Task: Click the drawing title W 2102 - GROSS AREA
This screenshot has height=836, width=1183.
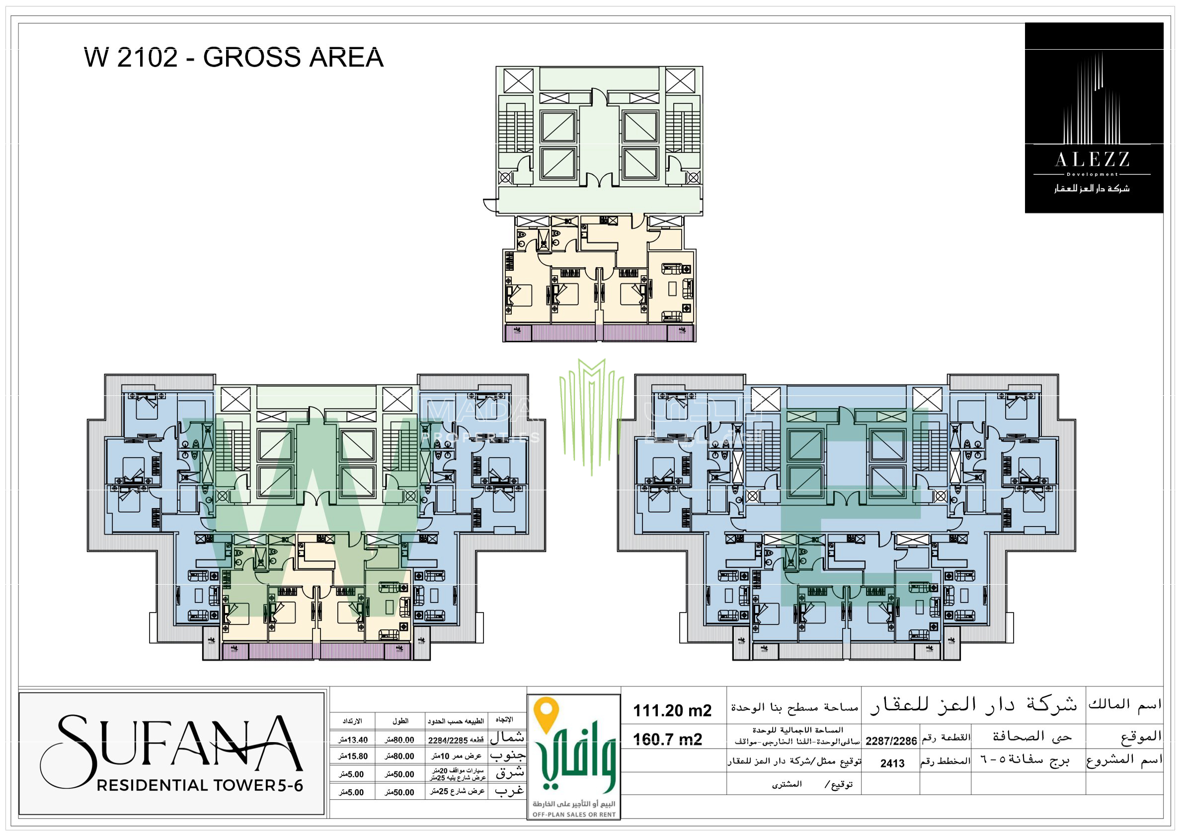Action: (x=234, y=57)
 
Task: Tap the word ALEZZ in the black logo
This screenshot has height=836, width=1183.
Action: (x=1092, y=159)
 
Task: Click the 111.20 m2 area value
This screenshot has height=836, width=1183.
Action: (x=672, y=711)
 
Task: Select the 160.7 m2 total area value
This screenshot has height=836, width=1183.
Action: (x=667, y=740)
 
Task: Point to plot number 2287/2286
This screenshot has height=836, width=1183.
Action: (x=891, y=741)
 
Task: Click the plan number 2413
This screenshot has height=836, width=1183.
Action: (x=892, y=763)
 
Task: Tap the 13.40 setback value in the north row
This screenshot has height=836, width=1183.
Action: (x=353, y=740)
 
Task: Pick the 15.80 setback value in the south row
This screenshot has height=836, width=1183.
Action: (x=353, y=757)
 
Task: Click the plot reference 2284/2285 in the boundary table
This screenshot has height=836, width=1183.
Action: (x=448, y=741)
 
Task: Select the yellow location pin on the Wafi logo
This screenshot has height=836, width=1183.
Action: (x=546, y=714)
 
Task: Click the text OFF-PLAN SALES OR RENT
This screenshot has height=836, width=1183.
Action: (x=574, y=814)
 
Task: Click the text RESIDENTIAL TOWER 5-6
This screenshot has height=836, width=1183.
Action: (x=200, y=785)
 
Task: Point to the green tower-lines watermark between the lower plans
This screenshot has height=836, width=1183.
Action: (x=591, y=412)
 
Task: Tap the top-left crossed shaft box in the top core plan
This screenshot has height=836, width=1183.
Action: (x=518, y=81)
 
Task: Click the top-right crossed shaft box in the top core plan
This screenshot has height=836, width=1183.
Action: (x=680, y=81)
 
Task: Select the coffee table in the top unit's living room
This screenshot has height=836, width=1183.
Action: (x=672, y=289)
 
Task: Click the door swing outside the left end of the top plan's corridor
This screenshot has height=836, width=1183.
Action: (x=489, y=205)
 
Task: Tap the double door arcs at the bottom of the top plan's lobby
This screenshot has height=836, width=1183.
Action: (x=599, y=180)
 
